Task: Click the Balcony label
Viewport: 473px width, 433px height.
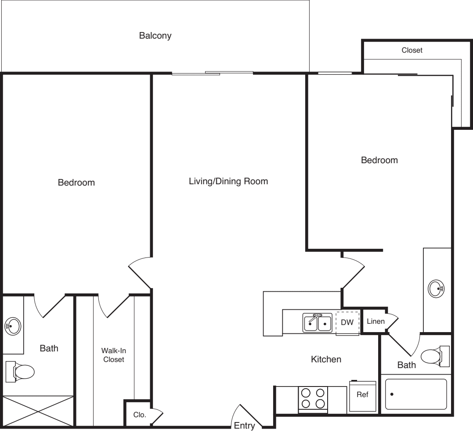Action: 155,36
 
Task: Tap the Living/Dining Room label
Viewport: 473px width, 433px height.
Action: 228,181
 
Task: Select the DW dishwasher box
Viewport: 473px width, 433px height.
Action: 347,322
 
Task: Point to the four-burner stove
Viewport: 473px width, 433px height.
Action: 313,398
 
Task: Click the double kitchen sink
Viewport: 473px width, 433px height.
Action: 317,323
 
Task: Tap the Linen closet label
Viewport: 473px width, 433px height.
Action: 376,322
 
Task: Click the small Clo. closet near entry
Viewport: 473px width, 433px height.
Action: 140,414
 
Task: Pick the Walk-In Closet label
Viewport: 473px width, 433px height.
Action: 113,355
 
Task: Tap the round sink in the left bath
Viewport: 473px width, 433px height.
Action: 13,326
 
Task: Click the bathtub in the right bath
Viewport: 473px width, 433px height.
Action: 415,394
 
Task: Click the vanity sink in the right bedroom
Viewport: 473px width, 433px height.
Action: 436,289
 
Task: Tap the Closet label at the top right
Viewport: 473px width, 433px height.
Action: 412,50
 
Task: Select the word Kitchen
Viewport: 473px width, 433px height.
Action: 326,360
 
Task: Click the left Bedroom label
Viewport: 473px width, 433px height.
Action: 76,183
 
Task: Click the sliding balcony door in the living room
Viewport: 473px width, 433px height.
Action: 213,73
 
